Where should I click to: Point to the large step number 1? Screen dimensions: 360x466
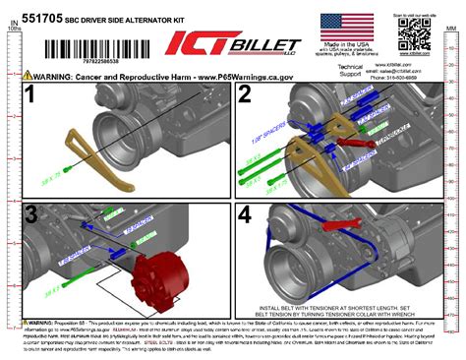point(30,96)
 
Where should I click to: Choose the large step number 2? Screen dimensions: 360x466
point(246,96)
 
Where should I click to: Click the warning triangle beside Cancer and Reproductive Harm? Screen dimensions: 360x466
point(29,75)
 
